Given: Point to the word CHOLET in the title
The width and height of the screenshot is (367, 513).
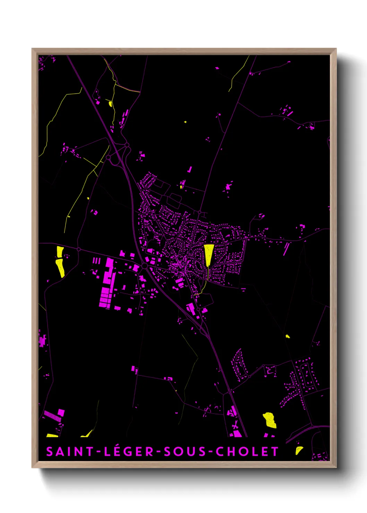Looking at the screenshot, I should pyautogui.click(x=247, y=452).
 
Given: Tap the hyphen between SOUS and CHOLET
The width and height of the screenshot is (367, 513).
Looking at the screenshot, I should pyautogui.click(x=211, y=452).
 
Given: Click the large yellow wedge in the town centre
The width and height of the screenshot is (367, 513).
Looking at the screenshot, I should pyautogui.click(x=208, y=254).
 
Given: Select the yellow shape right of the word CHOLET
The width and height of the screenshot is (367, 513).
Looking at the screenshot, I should pyautogui.click(x=299, y=450).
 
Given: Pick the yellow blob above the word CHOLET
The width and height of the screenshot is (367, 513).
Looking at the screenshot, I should pyautogui.click(x=270, y=420).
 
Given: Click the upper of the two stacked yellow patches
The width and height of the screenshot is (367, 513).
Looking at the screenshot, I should pyautogui.click(x=60, y=251).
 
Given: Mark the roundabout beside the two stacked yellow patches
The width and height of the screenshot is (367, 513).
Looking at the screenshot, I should pyautogui.click(x=79, y=249).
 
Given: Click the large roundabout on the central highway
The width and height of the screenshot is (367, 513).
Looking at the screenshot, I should pyautogui.click(x=145, y=266).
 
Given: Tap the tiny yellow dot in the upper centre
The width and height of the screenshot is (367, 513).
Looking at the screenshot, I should pyautogui.click(x=185, y=122).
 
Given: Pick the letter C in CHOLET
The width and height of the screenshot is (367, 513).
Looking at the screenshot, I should pyautogui.click(x=219, y=452).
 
